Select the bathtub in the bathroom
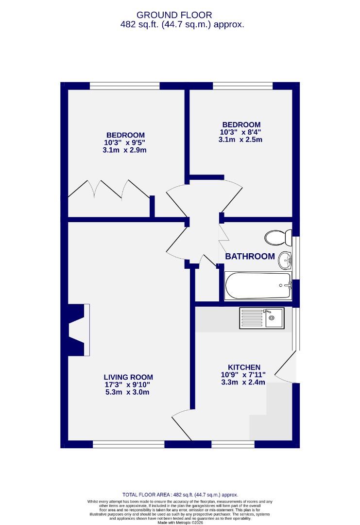tap(257, 285)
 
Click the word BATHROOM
tap(250, 256)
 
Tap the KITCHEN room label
tap(244, 367)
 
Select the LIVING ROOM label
tap(128, 377)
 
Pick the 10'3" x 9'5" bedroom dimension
tap(125, 143)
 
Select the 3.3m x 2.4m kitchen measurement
tap(243, 382)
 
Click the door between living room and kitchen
tap(182, 418)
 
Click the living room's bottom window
tap(128, 444)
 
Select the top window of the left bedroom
tap(125, 86)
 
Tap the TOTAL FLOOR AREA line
tap(180, 494)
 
